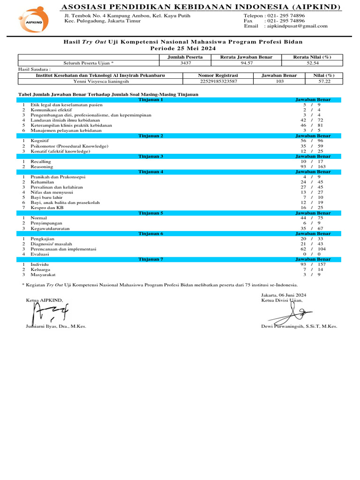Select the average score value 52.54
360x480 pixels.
pyautogui.click(x=312, y=62)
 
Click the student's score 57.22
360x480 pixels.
pyautogui.click(x=324, y=81)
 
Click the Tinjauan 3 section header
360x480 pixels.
pyautogui.click(x=151, y=156)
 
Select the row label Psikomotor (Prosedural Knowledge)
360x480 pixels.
pyautogui.click(x=69, y=146)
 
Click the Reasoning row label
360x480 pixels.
pyautogui.click(x=42, y=166)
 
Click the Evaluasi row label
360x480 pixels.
pyautogui.click(x=40, y=254)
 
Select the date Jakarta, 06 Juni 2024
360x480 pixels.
pyautogui.click(x=284, y=295)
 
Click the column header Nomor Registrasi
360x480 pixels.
pyautogui.click(x=218, y=75)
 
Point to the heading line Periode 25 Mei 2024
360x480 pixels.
pyautogui.click(x=180, y=48)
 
